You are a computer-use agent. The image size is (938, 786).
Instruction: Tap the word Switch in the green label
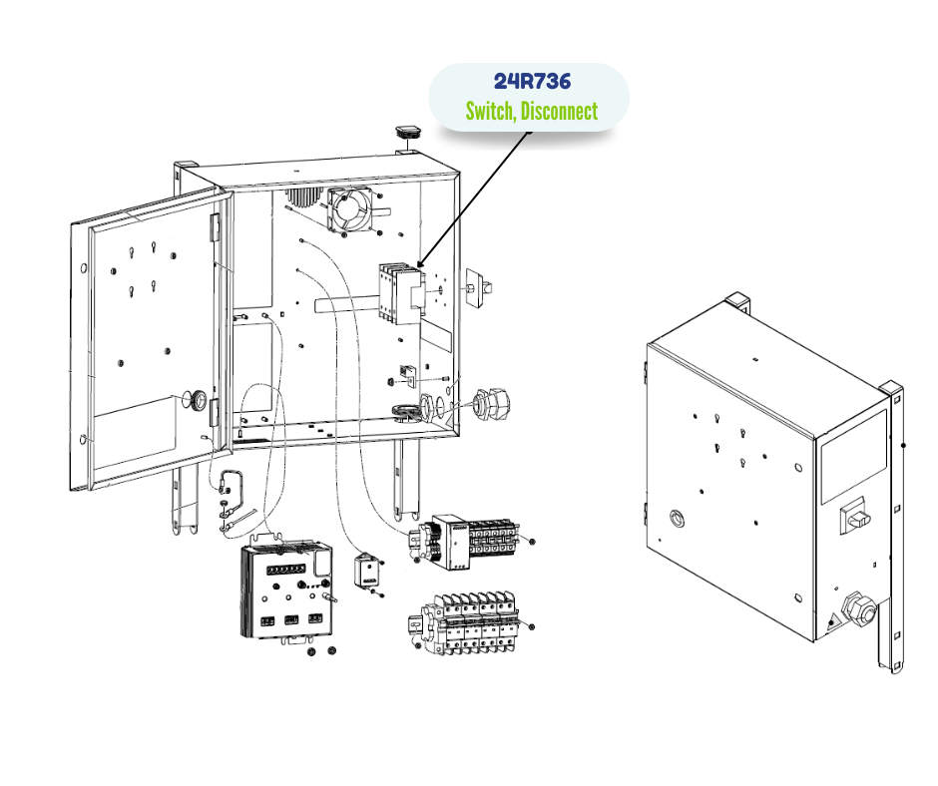(x=490, y=111)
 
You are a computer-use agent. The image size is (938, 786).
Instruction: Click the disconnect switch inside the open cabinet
(x=398, y=293)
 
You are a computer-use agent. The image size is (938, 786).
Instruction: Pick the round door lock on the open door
(x=198, y=401)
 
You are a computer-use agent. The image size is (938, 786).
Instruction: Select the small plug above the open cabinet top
(x=408, y=132)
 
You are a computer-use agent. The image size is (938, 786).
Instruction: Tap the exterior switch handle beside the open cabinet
(x=478, y=286)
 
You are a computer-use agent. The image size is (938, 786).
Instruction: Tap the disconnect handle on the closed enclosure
(x=856, y=516)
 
